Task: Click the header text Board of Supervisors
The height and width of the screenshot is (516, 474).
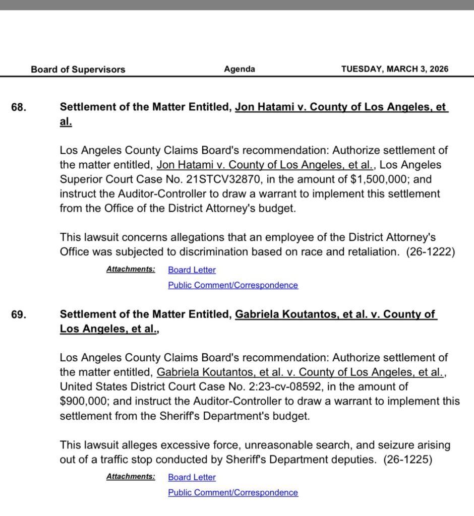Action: (x=78, y=70)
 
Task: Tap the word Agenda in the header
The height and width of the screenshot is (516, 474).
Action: (x=240, y=69)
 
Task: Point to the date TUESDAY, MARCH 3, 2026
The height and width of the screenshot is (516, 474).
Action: (x=394, y=69)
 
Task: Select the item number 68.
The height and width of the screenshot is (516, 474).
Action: (x=19, y=107)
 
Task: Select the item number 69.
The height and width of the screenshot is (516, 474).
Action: (x=19, y=315)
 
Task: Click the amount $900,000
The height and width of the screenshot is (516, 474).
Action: (x=81, y=402)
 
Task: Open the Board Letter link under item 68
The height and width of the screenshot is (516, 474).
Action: (x=192, y=270)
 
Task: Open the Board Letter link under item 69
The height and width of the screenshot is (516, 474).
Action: (x=192, y=477)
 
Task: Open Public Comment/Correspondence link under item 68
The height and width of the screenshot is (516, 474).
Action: (x=233, y=285)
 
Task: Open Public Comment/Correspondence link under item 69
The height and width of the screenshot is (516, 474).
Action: (x=233, y=492)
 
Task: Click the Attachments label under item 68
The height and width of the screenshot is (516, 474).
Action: (x=131, y=270)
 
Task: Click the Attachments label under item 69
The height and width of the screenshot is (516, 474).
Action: (x=131, y=477)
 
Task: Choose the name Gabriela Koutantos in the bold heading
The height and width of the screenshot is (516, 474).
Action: (x=286, y=315)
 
